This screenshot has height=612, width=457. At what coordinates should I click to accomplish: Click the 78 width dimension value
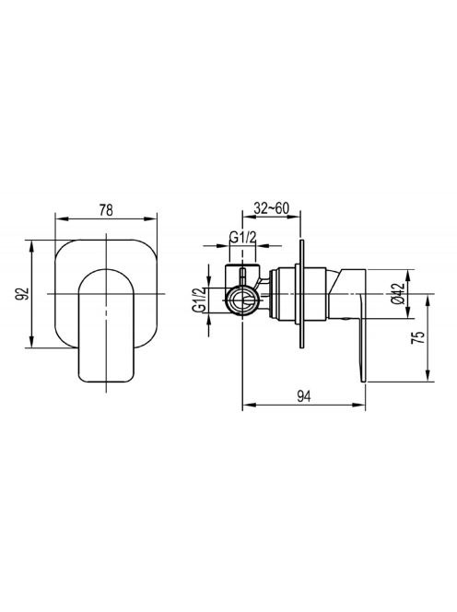106,210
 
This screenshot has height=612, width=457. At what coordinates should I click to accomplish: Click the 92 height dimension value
23,293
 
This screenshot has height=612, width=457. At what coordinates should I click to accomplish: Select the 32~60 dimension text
272,208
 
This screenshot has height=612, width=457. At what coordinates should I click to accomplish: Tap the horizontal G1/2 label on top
242,237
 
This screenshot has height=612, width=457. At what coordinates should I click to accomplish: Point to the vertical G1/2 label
199,300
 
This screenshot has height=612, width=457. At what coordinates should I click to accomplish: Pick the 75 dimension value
418,337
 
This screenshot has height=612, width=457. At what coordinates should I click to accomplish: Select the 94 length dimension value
304,397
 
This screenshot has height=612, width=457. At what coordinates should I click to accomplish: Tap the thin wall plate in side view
301,293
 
